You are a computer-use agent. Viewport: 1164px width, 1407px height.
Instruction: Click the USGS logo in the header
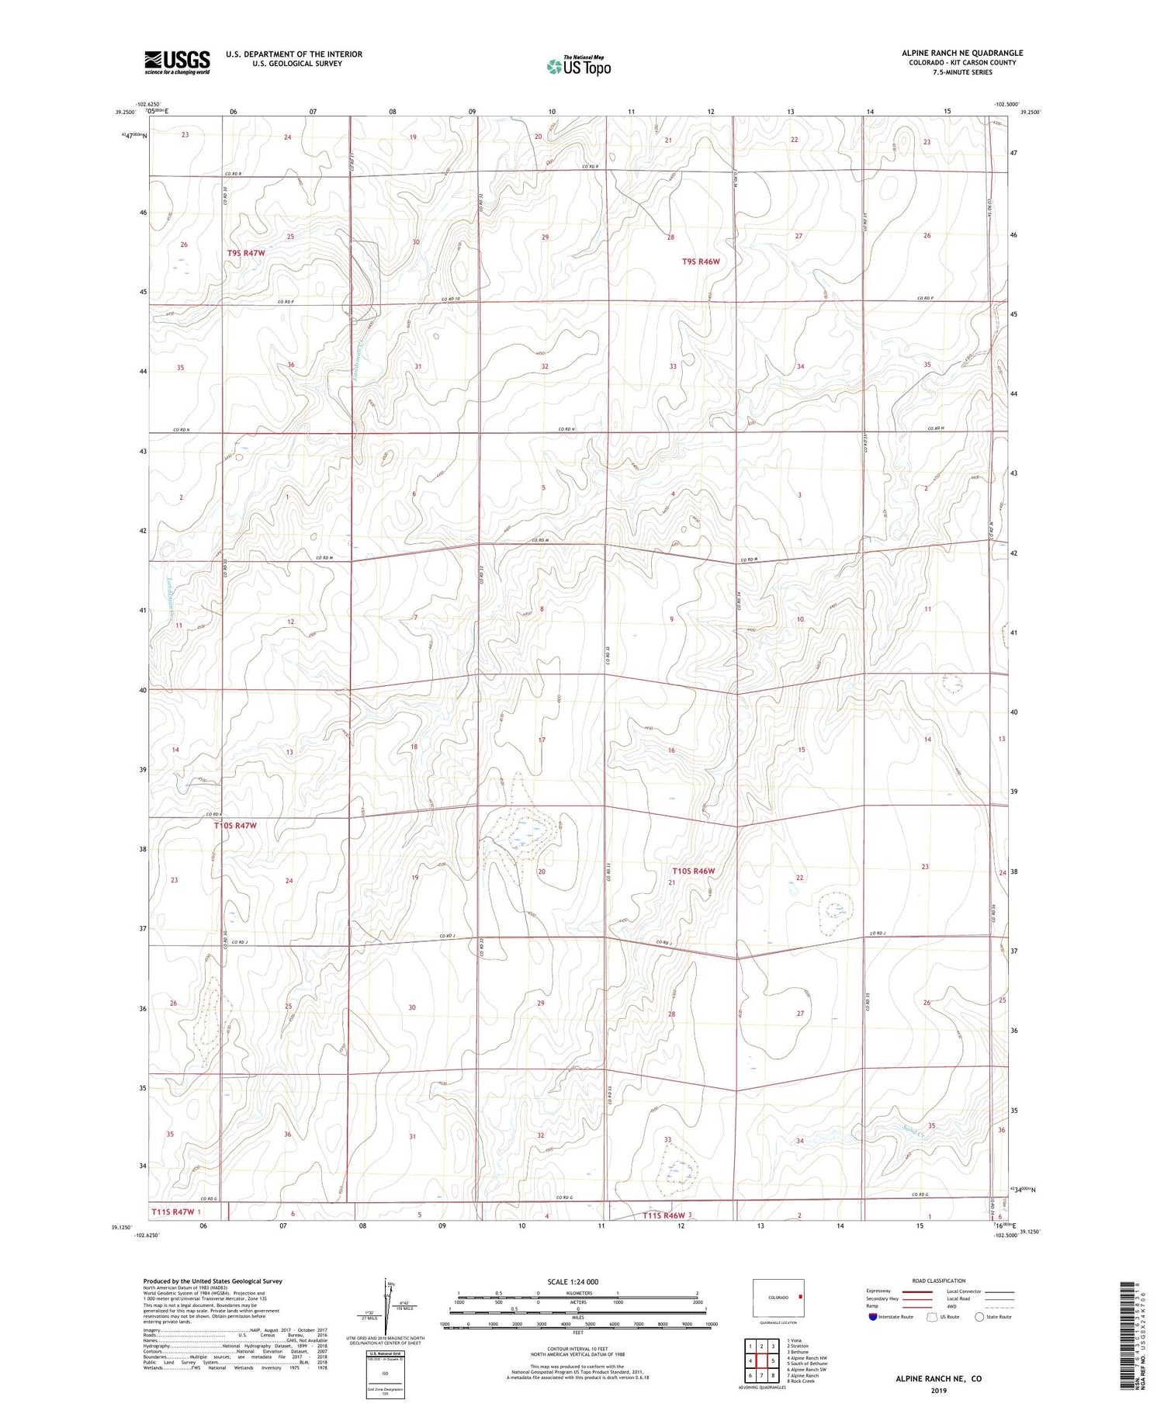[177, 62]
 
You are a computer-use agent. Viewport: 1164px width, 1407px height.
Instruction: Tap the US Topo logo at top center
[578, 67]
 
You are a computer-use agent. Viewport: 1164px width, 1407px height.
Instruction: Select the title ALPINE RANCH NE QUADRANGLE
[961, 53]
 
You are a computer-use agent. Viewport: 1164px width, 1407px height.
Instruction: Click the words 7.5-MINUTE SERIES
[962, 72]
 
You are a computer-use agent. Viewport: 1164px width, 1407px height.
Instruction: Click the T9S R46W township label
[701, 262]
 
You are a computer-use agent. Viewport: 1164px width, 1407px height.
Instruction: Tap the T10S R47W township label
[236, 826]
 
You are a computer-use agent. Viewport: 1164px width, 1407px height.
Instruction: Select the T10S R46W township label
[693, 871]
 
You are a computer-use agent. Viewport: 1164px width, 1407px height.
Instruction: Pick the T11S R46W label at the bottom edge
[663, 1215]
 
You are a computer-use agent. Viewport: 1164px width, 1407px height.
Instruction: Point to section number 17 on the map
[542, 740]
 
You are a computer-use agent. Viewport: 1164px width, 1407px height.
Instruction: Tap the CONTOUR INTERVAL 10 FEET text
[577, 1349]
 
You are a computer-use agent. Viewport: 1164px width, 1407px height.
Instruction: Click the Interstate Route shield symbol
[873, 1317]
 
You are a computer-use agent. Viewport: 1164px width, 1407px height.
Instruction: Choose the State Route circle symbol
[980, 1317]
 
